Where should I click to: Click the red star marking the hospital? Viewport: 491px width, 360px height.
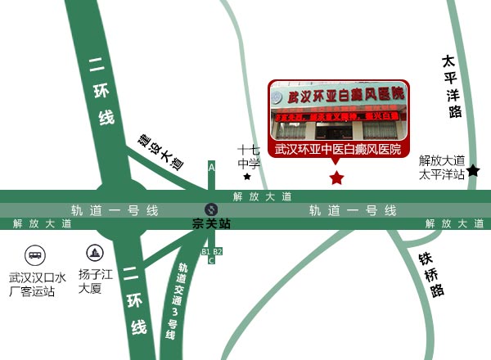coord(336,178)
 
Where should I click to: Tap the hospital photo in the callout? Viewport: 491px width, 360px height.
coord(339,110)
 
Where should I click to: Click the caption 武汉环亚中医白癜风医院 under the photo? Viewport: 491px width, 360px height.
coord(338,150)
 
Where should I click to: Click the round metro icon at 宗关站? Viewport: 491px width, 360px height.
coord(211,209)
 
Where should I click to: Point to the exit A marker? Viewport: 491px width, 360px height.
coord(212,167)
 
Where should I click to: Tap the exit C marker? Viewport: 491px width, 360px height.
coord(211,261)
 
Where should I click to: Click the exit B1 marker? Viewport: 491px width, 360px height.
coord(206,251)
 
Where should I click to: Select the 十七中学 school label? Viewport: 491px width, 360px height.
coord(249,156)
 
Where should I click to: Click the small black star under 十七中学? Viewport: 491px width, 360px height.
coord(247,176)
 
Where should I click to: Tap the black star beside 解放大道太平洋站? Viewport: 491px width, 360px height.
coord(473,170)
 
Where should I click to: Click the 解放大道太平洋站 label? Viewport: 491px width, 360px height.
coord(442,167)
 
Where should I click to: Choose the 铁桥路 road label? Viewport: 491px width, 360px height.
coord(431,273)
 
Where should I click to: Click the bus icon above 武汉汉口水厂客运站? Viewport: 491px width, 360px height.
coord(35,254)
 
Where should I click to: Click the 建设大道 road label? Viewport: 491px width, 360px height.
coord(160,151)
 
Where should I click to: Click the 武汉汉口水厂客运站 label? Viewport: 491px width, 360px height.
coord(33,283)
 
